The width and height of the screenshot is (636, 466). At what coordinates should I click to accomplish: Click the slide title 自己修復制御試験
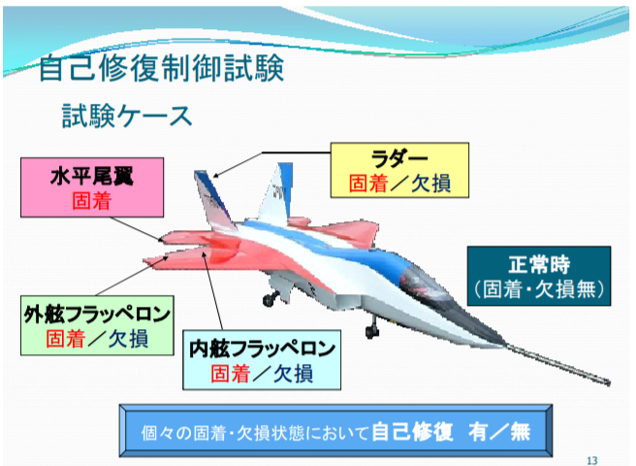[x=161, y=67]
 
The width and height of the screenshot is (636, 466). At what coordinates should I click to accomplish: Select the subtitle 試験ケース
[x=127, y=116]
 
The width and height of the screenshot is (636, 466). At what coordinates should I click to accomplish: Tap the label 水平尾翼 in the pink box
[x=92, y=177]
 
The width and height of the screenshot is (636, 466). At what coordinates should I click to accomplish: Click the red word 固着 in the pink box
[x=92, y=201]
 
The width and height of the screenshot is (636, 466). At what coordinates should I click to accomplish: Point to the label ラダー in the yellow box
[x=399, y=159]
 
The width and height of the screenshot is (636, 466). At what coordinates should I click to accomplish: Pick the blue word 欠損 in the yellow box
[x=431, y=183]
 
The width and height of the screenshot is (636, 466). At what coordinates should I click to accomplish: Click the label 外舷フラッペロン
[x=97, y=314]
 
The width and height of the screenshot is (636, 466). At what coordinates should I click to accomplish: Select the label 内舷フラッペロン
[x=262, y=349]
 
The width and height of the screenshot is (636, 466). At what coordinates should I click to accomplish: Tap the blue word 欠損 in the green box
[x=129, y=339]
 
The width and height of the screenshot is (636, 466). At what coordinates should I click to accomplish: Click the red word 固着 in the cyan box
[x=230, y=374]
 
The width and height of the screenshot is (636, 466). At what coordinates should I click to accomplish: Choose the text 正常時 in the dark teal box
[x=539, y=264]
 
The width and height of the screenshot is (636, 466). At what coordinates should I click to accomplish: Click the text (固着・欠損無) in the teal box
[x=539, y=289]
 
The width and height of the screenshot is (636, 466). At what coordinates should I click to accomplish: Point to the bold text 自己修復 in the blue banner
[x=412, y=431]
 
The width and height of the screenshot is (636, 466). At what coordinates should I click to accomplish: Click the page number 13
[x=592, y=460]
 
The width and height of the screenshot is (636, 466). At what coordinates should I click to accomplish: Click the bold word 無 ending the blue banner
[x=521, y=431]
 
